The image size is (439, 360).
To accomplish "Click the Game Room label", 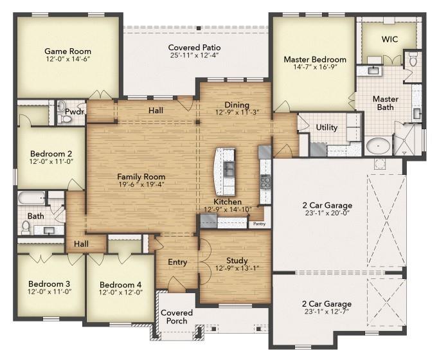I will (x=67, y=51).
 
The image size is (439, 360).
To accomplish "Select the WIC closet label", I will (x=390, y=39).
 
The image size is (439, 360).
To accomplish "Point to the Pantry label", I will (x=259, y=224).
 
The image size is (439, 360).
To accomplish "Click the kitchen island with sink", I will (x=225, y=171).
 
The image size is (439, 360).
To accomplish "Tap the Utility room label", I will (x=327, y=127).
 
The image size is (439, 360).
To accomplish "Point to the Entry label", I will (x=177, y=262).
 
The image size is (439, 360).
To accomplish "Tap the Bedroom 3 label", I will (x=49, y=283).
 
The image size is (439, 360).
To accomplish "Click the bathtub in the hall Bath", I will (x=31, y=197).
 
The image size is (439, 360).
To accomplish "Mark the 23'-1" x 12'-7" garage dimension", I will (x=327, y=313).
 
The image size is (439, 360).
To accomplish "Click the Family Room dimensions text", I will (x=141, y=184).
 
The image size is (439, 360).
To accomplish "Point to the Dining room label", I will (x=237, y=105).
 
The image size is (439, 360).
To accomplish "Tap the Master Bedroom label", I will (x=315, y=60).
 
